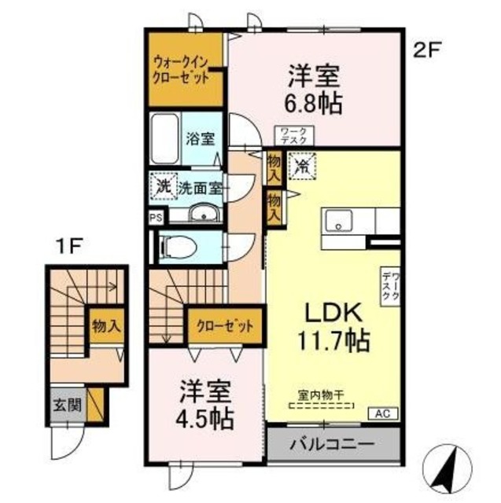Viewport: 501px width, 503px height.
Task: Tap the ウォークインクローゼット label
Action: pyautogui.click(x=182, y=70)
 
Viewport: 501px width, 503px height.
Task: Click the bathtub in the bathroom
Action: pyautogui.click(x=164, y=139)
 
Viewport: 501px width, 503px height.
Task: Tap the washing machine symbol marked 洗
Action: pyautogui.click(x=161, y=187)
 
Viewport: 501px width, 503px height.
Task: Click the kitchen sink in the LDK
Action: pyautogui.click(x=340, y=221)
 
